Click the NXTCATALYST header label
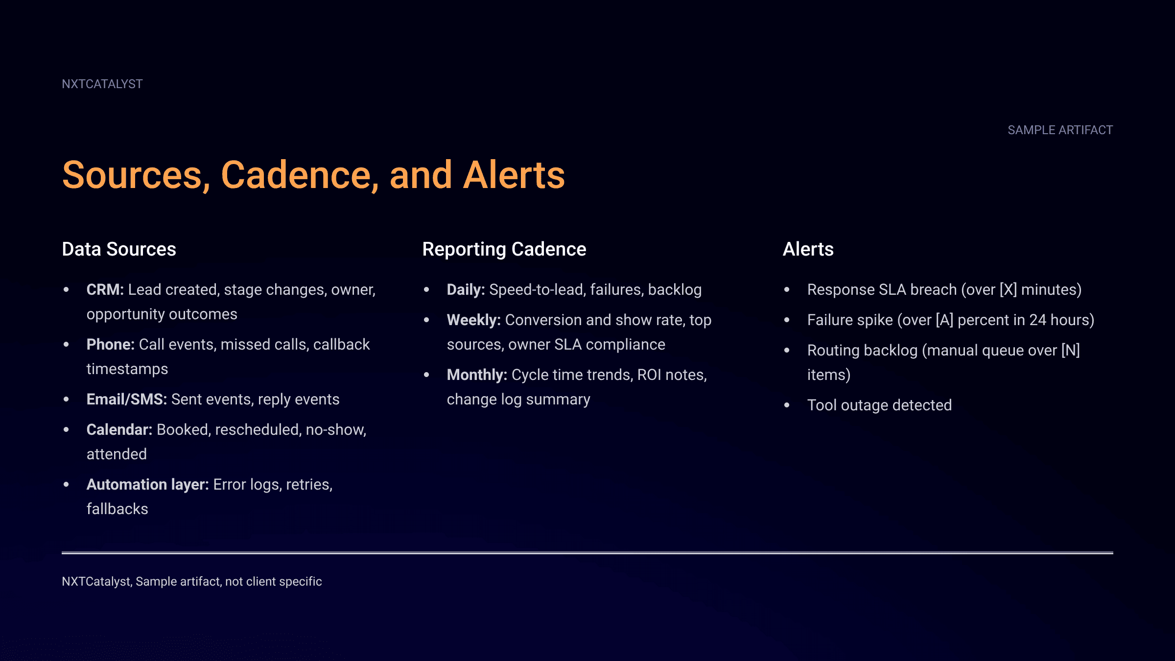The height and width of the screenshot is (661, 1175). [102, 84]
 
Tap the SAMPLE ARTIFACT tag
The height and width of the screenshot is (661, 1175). [1060, 130]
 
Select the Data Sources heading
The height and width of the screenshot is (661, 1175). [119, 249]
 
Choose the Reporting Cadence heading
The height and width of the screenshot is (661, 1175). [504, 249]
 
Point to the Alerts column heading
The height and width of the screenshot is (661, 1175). [808, 249]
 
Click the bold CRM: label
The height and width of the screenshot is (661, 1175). [105, 290]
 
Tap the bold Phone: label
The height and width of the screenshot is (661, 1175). [110, 345]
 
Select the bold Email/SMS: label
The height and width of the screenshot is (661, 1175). [126, 400]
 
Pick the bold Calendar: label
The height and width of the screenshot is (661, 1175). [119, 430]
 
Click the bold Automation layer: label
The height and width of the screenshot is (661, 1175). [147, 485]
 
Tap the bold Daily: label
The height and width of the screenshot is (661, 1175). [465, 290]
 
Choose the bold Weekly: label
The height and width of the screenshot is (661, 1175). [473, 320]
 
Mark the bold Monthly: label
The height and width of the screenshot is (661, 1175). [476, 375]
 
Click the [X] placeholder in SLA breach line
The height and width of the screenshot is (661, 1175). [1008, 290]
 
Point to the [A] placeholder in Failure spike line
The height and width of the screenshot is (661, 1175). [944, 320]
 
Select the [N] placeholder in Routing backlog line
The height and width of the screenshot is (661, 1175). [1070, 351]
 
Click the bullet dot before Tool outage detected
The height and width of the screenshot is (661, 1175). [787, 405]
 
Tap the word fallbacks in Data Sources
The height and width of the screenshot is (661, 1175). [117, 509]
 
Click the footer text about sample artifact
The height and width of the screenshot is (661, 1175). [191, 582]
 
